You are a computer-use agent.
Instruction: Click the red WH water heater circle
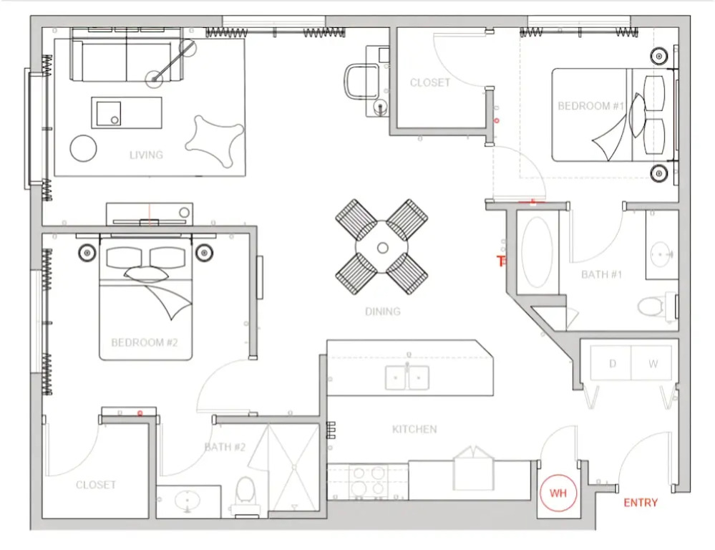click(558, 493)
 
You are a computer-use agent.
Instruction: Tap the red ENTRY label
click(641, 503)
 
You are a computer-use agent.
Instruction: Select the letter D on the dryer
click(613, 363)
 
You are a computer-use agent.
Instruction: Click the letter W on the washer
click(653, 364)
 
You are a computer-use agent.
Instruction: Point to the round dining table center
click(382, 247)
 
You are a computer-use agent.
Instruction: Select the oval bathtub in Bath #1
click(537, 252)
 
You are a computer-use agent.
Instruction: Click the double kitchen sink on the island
click(407, 377)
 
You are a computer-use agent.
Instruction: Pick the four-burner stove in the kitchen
click(368, 481)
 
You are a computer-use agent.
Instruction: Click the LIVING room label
click(146, 155)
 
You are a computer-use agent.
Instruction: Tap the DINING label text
click(383, 312)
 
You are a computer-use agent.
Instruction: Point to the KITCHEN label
click(414, 429)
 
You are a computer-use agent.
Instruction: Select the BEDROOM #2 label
click(144, 342)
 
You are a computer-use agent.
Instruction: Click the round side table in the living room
click(84, 148)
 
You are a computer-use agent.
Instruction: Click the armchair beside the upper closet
click(363, 82)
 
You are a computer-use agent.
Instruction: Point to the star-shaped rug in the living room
click(214, 140)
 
